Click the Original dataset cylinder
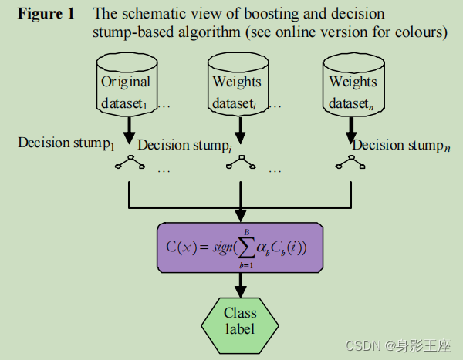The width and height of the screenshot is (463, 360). (x=127, y=86)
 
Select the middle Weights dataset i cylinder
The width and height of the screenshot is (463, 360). (x=238, y=86)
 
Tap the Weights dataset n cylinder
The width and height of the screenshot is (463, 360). (x=352, y=86)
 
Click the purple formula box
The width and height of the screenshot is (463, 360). (x=240, y=247)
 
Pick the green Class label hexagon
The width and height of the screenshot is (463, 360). (x=240, y=320)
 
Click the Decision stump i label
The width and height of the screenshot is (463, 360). (x=185, y=146)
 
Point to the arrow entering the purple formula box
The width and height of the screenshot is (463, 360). (x=241, y=214)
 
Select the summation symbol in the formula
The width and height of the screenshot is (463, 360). (x=246, y=247)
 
